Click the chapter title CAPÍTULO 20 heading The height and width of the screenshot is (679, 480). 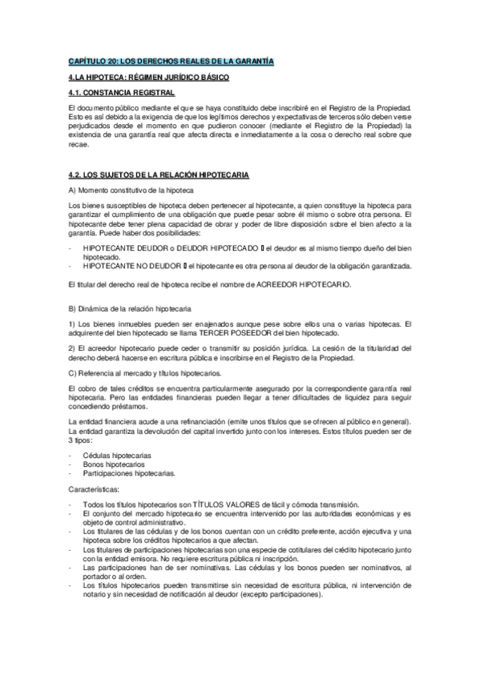171,61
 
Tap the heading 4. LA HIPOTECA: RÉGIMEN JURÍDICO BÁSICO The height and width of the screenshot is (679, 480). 149,77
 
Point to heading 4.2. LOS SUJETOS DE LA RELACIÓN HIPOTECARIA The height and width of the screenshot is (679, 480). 159,174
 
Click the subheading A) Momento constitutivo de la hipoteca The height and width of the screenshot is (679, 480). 132,190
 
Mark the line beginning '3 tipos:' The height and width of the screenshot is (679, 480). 81,440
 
